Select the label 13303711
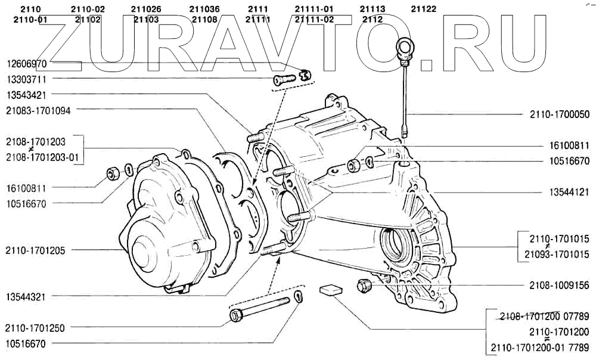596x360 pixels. point(27,79)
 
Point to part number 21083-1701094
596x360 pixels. point(39,110)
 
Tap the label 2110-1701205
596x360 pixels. point(35,250)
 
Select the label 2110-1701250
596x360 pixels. point(35,328)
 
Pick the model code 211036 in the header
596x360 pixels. point(204,10)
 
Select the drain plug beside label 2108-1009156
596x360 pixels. point(362,285)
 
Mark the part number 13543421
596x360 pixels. point(27,95)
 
